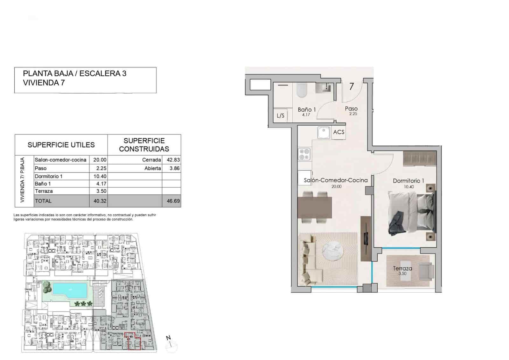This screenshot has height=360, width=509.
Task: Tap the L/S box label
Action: click(x=281, y=116)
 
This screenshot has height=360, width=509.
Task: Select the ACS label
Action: click(x=338, y=132)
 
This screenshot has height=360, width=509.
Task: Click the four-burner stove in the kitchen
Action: click(x=304, y=154)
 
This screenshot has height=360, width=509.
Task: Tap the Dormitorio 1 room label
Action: click(x=408, y=181)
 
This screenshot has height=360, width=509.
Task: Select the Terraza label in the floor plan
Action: click(x=402, y=268)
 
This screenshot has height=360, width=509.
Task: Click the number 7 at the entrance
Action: click(x=352, y=87)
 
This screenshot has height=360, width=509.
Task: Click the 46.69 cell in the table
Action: click(x=173, y=201)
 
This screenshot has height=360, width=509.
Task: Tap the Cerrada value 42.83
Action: click(x=173, y=160)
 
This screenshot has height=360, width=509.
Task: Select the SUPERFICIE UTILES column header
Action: click(x=61, y=145)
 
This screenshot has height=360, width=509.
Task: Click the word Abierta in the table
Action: click(x=153, y=168)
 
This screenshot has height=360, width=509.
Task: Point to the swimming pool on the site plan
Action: click(x=70, y=289)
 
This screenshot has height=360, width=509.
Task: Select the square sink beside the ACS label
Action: click(x=324, y=132)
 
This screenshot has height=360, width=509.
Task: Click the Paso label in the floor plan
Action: click(x=351, y=109)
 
